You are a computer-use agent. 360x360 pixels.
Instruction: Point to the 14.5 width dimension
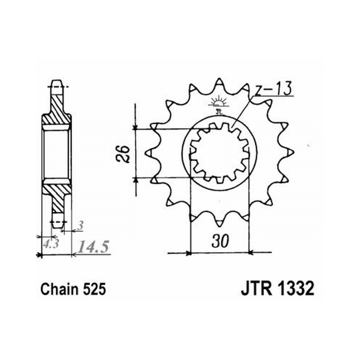(93, 247)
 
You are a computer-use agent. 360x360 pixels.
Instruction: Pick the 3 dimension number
(80, 226)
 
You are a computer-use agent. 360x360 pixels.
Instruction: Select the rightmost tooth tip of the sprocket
(294, 152)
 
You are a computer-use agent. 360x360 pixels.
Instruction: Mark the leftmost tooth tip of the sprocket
(146, 153)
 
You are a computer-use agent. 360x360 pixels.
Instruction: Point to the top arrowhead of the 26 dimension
(135, 127)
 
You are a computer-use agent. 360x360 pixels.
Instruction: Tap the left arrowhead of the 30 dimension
(189, 253)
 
